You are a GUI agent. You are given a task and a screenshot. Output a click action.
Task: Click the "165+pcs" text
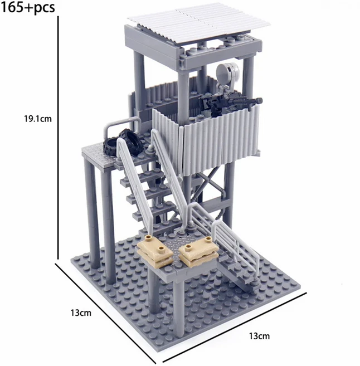click(x=28, y=8)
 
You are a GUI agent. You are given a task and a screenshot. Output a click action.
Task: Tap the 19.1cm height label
click(x=38, y=119)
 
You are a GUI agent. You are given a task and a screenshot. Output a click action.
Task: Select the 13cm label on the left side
click(x=81, y=313)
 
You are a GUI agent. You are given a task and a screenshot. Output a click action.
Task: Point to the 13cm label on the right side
click(x=259, y=336)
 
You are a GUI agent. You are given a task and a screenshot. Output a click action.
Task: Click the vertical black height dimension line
click(x=58, y=138)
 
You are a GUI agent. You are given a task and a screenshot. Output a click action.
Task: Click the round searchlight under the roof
click(x=227, y=73)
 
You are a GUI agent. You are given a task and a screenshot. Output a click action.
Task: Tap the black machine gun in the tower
click(x=231, y=104)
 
